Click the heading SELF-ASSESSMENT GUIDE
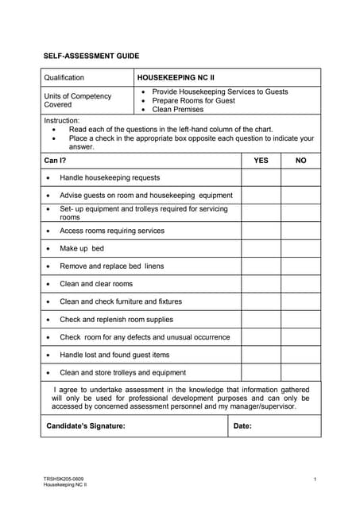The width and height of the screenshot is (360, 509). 91,56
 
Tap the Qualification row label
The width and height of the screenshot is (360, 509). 64,78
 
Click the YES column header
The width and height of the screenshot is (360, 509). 261,161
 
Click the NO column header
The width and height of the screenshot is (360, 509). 300,161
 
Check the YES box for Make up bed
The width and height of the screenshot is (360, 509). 261,248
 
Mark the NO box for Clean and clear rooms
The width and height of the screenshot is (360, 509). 300,284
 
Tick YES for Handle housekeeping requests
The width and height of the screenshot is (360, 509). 261,177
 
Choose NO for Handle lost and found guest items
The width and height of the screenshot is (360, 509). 300,355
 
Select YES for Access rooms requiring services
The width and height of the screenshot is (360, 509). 261,231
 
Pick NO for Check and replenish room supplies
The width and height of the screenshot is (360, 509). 300,319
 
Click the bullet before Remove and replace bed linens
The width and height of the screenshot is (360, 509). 49,266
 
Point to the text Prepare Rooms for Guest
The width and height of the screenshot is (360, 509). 193,101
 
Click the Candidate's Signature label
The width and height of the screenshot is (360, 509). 86,426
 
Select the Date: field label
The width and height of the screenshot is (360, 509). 242,426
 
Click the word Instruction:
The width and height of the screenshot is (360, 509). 62,120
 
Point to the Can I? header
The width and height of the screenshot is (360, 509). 56,161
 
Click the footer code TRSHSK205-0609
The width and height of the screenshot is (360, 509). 61,479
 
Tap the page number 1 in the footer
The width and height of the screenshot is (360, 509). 315,479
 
